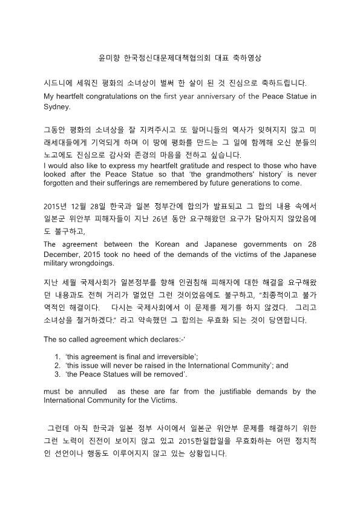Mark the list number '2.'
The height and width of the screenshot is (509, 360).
58,365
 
